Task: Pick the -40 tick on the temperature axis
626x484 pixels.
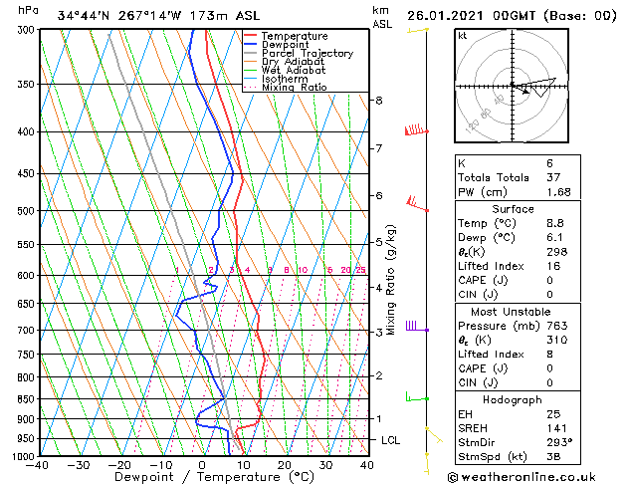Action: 39,465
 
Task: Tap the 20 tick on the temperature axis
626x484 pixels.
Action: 285,465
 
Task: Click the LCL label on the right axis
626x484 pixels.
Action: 392,440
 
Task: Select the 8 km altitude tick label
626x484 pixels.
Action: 379,101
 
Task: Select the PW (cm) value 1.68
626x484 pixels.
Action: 530,192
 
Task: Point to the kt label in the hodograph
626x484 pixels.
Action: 463,36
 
